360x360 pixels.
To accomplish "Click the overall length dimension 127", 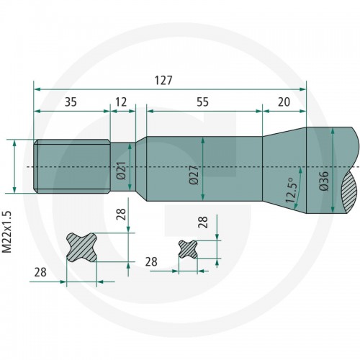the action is [163, 81].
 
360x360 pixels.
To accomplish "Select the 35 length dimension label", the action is [71, 102].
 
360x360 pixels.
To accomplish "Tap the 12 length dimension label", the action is [121, 102].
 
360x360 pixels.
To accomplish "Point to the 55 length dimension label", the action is [203, 102].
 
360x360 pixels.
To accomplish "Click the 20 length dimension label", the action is [284, 102].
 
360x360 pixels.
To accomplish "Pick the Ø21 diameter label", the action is [121, 171].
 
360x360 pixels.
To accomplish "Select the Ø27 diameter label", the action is [194, 175].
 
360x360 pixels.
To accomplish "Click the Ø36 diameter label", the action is [324, 181].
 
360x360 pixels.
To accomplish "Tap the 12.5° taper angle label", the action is [291, 191].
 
